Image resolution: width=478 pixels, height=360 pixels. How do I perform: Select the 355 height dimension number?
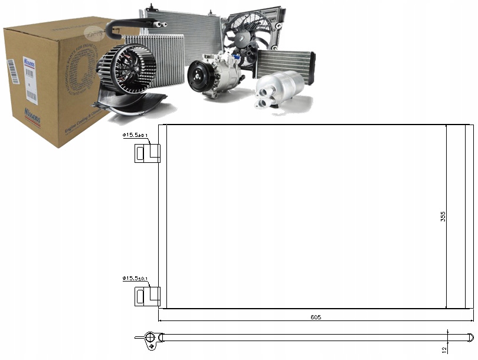443,217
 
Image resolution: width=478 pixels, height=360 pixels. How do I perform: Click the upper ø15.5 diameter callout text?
135,136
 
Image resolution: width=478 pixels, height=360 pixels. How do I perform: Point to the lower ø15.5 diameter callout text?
135,278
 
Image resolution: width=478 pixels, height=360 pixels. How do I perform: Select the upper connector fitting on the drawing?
147,153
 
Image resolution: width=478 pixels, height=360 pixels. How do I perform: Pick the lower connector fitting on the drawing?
147,296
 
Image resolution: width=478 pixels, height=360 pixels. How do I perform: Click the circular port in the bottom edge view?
150,338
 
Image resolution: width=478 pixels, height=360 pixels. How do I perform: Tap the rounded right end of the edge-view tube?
470,338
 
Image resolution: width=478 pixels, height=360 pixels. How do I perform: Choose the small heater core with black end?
286,63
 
